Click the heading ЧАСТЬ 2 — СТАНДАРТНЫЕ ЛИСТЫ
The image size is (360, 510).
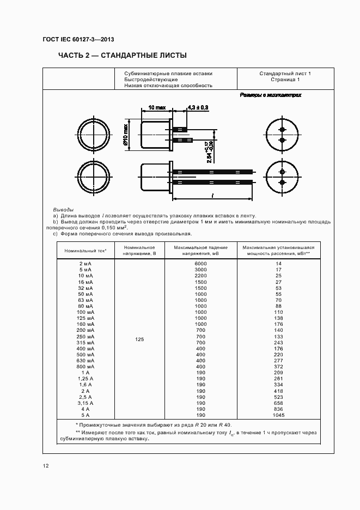coord(122,56)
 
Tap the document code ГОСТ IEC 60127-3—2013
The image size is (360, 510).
coord(78,40)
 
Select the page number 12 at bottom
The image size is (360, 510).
coord(46,466)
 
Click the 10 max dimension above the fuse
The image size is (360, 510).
coord(157,107)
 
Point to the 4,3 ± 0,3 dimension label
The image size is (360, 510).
coord(198,107)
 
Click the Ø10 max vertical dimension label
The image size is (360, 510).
coord(125,135)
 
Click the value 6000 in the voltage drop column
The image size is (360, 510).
coord(200,264)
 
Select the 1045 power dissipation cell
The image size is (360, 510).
coord(278,415)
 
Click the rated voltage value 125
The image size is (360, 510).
coord(139,339)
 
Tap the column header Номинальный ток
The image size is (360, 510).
coord(85,250)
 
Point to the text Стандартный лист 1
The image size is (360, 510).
coord(285,73)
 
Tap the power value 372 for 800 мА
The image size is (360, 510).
coord(278,367)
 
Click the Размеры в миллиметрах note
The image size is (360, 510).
coord(271,95)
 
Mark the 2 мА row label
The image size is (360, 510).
coord(85,264)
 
